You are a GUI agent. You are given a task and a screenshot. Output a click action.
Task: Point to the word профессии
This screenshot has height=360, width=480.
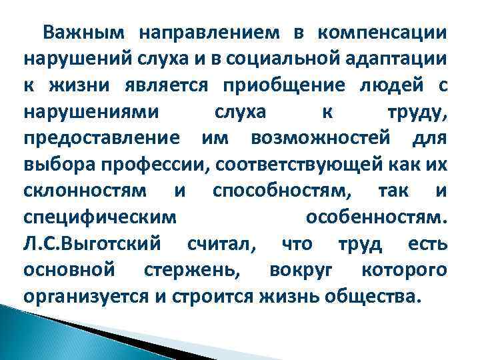tap(137, 164)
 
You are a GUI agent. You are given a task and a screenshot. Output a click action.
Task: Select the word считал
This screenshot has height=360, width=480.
tap(218, 243)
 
